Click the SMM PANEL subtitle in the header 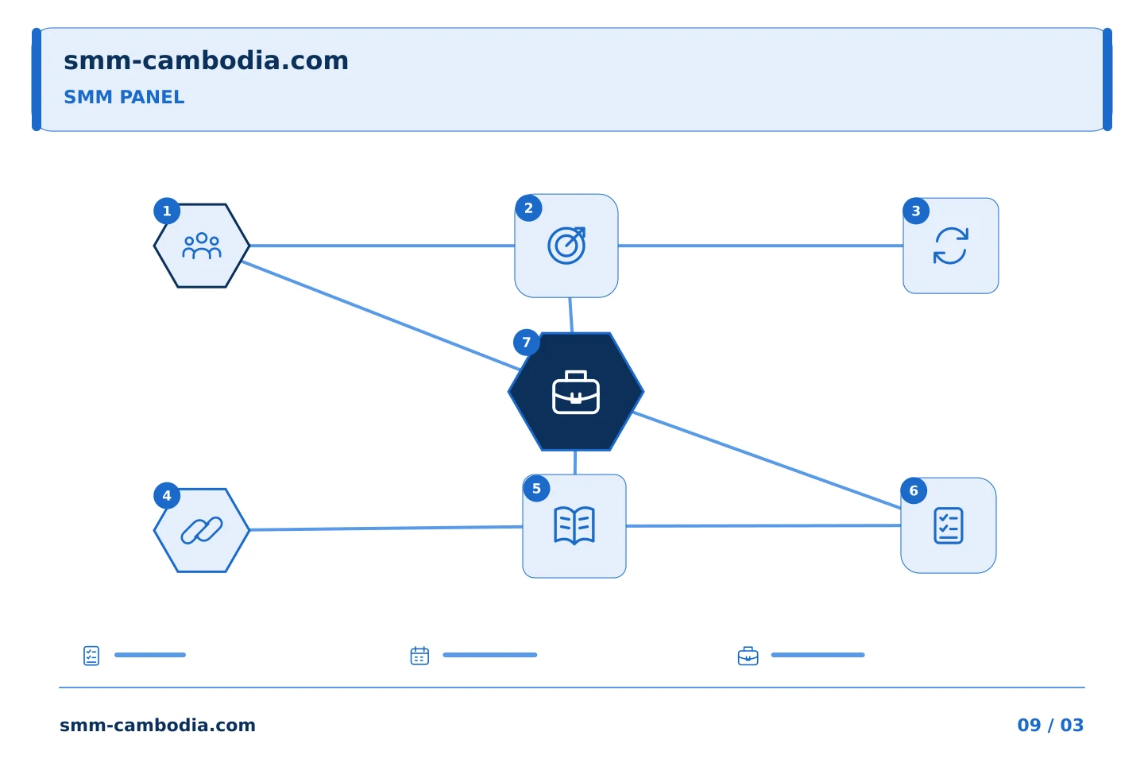124,97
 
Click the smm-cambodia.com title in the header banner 206,61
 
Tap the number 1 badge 167,211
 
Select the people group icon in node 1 202,246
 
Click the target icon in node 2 566,246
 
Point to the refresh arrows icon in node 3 950,246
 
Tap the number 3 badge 916,211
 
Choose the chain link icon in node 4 202,530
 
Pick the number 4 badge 167,496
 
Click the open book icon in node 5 574,526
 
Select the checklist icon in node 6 949,526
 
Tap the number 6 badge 914,491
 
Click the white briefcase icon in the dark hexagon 575,393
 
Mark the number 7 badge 527,343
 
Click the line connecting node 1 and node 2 382,246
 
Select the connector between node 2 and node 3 760,246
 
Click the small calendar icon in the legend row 419,656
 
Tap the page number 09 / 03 1050,725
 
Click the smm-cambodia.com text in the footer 157,725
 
